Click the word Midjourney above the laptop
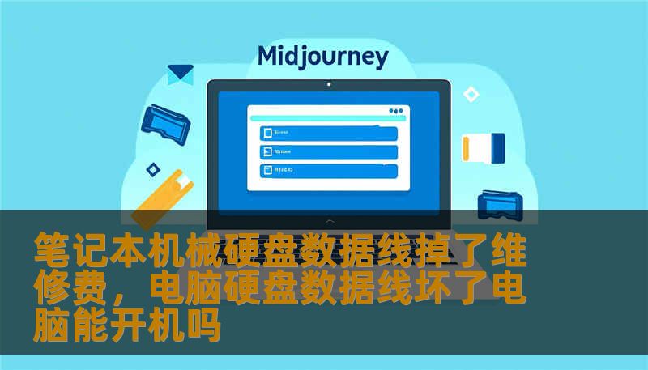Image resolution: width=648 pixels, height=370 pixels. pyautogui.click(x=322, y=57)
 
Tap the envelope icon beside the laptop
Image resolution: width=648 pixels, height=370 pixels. pyautogui.click(x=180, y=75)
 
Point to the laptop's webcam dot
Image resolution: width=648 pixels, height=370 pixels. pyautogui.click(x=328, y=84)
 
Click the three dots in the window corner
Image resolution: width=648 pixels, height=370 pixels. pyautogui.click(x=395, y=111)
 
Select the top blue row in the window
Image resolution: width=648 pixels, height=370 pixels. pyautogui.click(x=328, y=133)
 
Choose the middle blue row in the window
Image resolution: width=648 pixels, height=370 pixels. pyautogui.click(x=328, y=151)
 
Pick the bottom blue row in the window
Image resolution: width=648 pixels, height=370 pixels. pyautogui.click(x=328, y=170)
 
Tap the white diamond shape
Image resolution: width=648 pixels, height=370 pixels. pyautogui.click(x=471, y=95)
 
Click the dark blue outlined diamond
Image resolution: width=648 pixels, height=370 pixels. pyautogui.click(x=152, y=169)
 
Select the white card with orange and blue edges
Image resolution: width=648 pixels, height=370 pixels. pyautogui.click(x=483, y=147)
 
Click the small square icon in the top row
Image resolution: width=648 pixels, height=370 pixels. pyautogui.click(x=265, y=133)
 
